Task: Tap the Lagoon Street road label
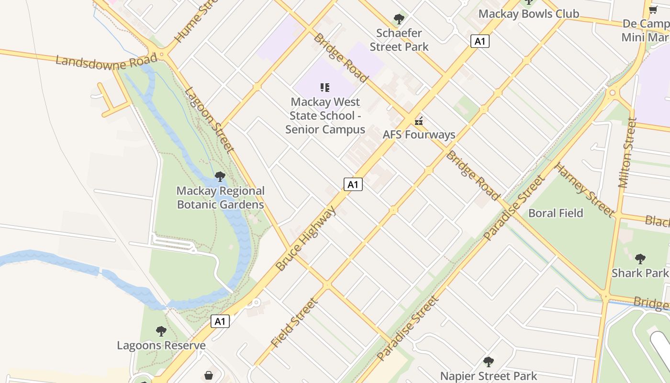tap(209, 120)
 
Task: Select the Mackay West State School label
tap(325, 115)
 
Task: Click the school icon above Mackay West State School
tap(325, 88)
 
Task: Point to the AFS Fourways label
tap(419, 135)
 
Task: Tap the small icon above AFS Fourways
tap(419, 121)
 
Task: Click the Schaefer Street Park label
tap(399, 40)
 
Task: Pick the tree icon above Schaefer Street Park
tap(399, 20)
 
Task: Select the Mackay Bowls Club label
tap(528, 14)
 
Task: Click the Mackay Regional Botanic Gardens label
tap(220, 198)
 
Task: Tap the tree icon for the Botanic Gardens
tap(220, 177)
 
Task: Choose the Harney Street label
tap(584, 190)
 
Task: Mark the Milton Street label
tap(627, 152)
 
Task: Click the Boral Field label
tap(556, 213)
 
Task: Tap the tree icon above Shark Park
tap(640, 259)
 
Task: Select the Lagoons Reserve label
tap(161, 345)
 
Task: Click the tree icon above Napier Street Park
tap(488, 361)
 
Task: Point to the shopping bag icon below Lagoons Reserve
tap(209, 375)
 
